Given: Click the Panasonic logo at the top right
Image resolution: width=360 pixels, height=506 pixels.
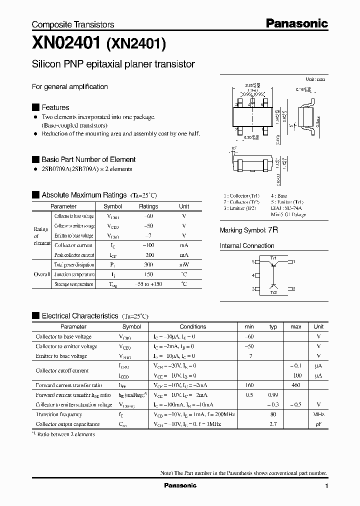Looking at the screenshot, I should [x=296, y=23].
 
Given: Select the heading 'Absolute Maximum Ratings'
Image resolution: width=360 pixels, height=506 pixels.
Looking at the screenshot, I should [x=84, y=195].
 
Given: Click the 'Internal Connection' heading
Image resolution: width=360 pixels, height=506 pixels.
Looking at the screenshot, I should [x=247, y=246].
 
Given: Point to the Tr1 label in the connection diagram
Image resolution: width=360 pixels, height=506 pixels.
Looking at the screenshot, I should [x=273, y=257].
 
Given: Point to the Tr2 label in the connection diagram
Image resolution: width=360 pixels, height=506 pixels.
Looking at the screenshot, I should [x=273, y=292].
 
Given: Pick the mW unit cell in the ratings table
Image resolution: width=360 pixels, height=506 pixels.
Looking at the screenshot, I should [x=184, y=265].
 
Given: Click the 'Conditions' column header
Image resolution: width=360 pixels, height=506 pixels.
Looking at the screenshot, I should [x=192, y=326].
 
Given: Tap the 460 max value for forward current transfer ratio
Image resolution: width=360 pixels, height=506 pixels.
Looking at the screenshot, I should [x=295, y=385].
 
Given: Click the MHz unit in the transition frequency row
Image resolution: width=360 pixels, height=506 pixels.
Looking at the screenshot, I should [x=318, y=414].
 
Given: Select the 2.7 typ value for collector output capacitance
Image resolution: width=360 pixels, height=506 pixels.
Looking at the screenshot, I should [x=273, y=424].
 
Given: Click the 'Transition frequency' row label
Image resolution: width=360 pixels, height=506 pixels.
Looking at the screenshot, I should [x=59, y=414].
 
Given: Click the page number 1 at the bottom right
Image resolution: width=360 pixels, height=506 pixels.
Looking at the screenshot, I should [x=326, y=486].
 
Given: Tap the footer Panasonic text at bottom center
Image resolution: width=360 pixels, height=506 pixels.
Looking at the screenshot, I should [x=180, y=485].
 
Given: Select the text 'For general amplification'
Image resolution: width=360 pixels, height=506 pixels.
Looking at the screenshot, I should [x=70, y=86].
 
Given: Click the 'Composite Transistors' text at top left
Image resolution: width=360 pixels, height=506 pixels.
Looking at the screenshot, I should [x=73, y=24].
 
